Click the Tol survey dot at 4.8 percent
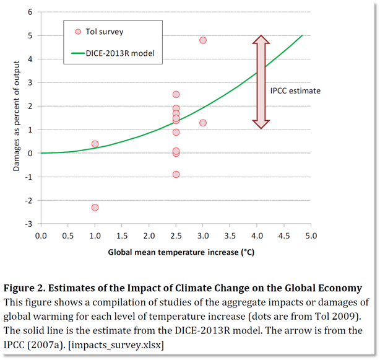point(202,40)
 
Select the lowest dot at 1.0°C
point(95,208)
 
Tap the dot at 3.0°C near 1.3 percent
point(202,123)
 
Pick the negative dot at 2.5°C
point(176,174)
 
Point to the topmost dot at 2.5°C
point(176,94)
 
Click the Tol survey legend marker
point(78,32)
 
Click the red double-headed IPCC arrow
point(261,82)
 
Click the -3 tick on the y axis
point(29,224)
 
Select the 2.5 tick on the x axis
point(176,236)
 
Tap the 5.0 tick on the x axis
point(311,236)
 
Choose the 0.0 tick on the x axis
point(41,236)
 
